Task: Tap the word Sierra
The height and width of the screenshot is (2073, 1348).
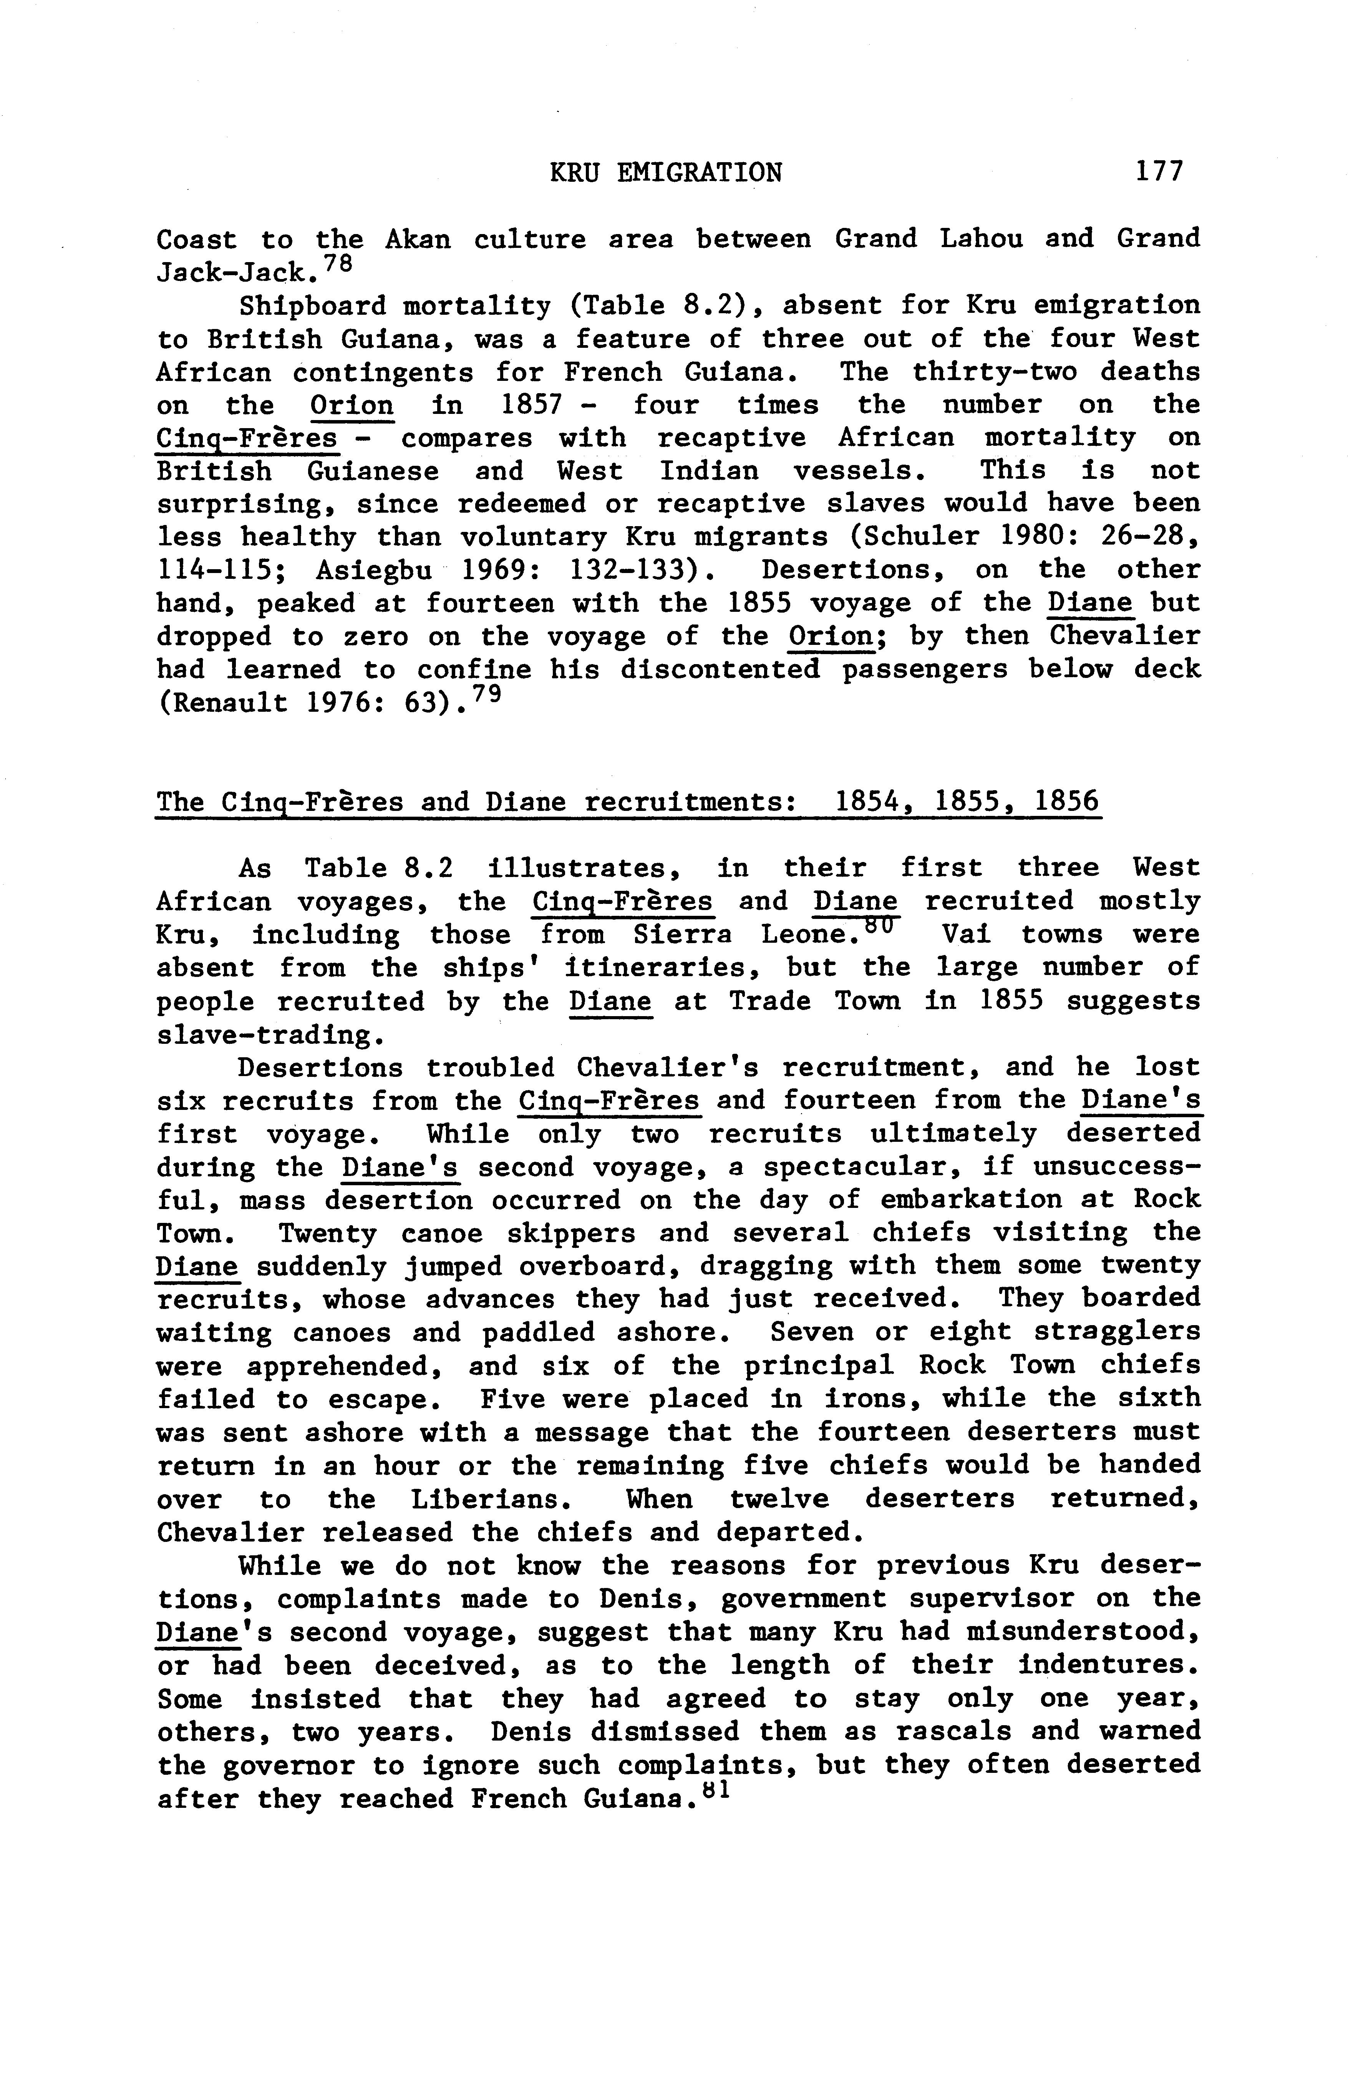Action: click(682, 935)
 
